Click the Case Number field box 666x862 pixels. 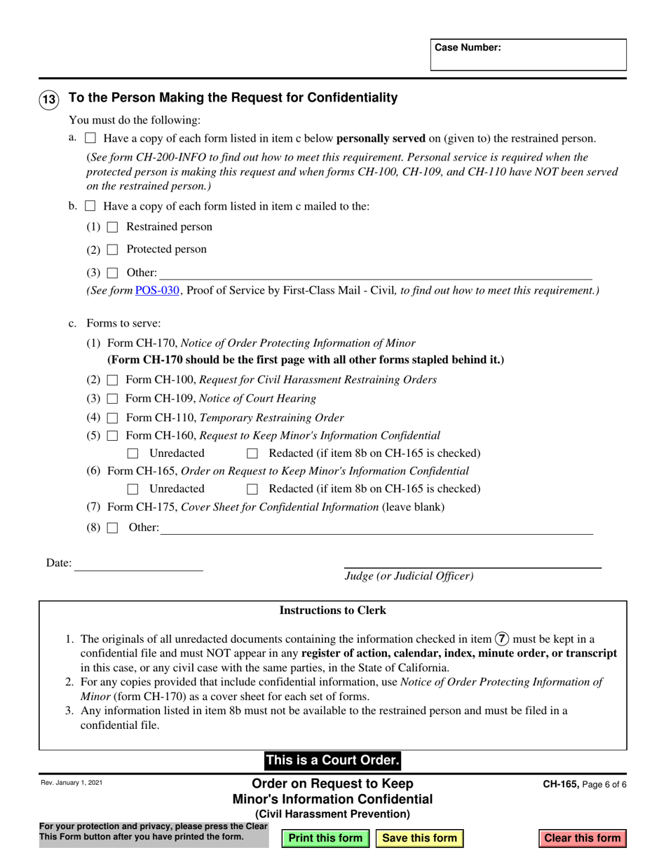(528, 55)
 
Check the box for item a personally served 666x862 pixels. (90, 138)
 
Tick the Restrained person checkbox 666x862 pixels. (112, 227)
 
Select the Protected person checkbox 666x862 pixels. (112, 249)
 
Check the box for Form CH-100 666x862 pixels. (112, 380)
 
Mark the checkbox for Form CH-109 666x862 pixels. (112, 399)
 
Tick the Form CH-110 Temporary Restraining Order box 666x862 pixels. (112, 418)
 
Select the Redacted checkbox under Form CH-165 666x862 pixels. (253, 489)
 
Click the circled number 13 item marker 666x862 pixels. (48, 100)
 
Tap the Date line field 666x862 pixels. (138, 563)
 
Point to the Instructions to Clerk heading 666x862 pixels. (332, 610)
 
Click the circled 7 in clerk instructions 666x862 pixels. (502, 638)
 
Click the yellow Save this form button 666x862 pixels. (419, 838)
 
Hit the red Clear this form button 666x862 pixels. (583, 838)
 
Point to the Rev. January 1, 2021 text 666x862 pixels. (71, 783)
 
